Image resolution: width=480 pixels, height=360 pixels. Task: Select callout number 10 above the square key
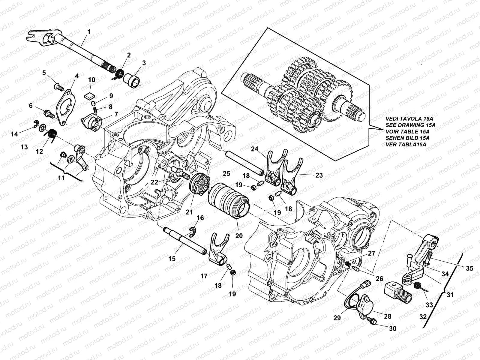[92, 80]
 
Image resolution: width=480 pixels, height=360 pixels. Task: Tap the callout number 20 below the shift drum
[239, 236]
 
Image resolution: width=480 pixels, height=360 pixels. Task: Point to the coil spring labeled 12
[52, 133]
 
